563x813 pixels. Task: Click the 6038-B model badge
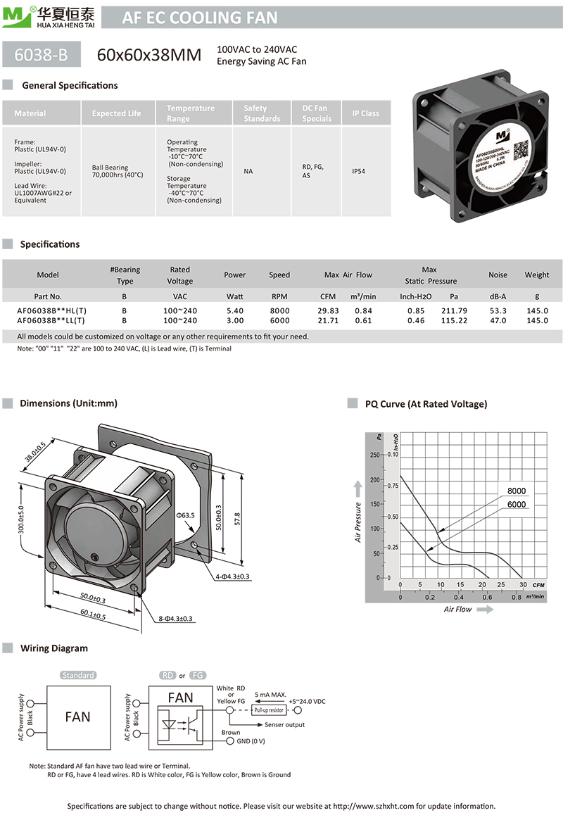[42, 54]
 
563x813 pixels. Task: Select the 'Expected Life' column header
[116, 113]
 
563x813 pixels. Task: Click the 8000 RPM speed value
[279, 310]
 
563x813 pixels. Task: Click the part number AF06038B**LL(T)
[51, 320]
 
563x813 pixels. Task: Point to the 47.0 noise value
[498, 320]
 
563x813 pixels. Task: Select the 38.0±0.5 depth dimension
[35, 451]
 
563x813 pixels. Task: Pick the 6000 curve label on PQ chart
[516, 505]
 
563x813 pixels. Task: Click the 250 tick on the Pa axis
[374, 455]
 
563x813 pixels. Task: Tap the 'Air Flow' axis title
[458, 609]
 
